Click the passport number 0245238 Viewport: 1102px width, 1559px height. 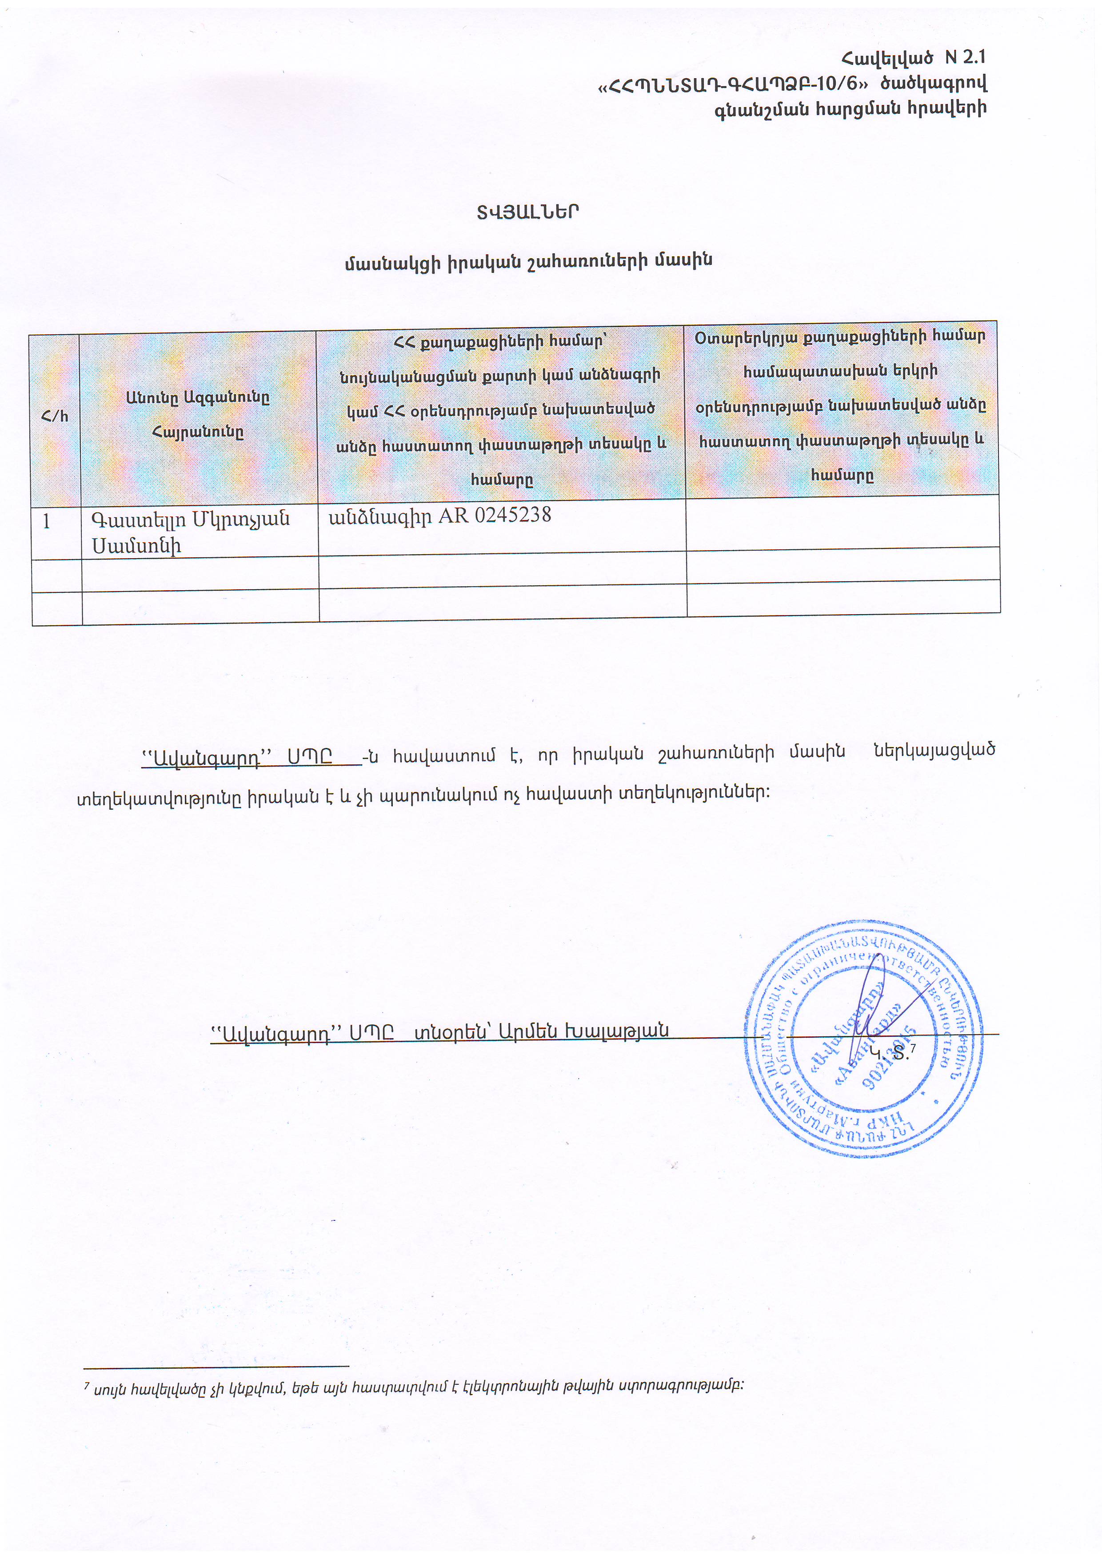[513, 516]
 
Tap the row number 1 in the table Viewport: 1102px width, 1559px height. [47, 521]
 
